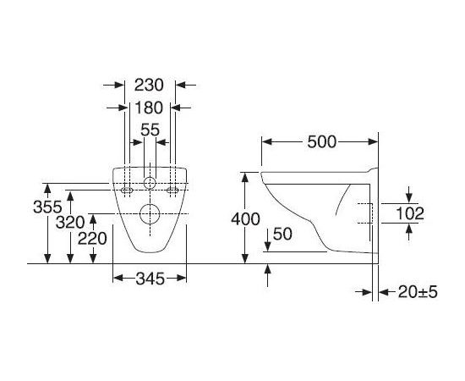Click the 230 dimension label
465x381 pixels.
click(x=149, y=85)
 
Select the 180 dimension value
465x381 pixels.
click(x=149, y=108)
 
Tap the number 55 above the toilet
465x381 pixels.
click(x=150, y=130)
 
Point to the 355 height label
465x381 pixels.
click(x=47, y=207)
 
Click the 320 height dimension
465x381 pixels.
click(x=70, y=222)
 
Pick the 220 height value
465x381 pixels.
click(x=92, y=239)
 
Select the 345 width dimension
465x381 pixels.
click(x=150, y=279)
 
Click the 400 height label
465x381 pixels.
click(x=245, y=219)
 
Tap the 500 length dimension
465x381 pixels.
click(x=322, y=141)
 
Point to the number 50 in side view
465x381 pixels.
click(x=282, y=234)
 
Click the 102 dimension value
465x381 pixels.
click(x=410, y=213)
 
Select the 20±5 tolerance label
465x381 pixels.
click(x=418, y=292)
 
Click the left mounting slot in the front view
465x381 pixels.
click(x=127, y=190)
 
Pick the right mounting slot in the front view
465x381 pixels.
click(x=172, y=190)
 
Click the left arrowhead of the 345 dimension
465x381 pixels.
click(x=118, y=279)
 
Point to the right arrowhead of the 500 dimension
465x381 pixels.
click(x=373, y=141)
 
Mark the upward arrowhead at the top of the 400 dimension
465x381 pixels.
click(x=245, y=177)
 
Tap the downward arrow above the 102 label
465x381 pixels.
click(x=409, y=195)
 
